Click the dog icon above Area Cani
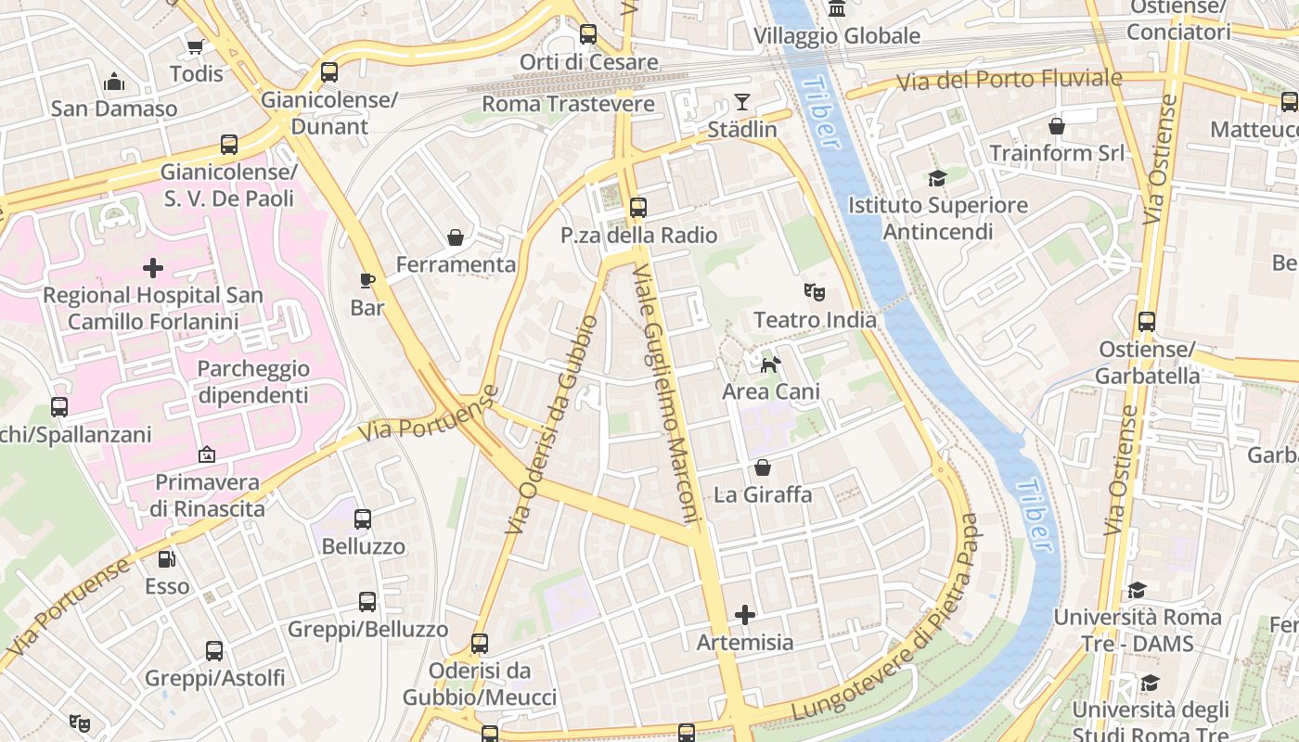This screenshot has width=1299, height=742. [770, 365]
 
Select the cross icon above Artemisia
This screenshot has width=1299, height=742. [744, 614]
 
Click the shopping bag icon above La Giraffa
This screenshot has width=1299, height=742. [763, 467]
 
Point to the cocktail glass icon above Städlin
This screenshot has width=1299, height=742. [742, 101]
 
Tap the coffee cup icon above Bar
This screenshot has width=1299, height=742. [367, 279]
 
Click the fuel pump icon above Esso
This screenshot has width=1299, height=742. [166, 558]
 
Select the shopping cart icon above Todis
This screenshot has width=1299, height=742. [195, 46]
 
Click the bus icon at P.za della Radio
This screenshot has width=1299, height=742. [637, 207]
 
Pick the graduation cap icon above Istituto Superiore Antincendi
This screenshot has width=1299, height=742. [937, 177]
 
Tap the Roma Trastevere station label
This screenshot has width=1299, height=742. [569, 104]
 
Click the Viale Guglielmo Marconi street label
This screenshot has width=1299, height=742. [665, 394]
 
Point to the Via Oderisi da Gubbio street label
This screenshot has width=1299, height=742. [551, 425]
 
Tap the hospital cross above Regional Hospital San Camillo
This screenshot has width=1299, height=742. [153, 268]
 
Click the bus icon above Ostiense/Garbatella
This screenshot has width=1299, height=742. [1147, 322]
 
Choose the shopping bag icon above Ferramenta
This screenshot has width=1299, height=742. [456, 237]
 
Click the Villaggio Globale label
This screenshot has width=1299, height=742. [837, 36]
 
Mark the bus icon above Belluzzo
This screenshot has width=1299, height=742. [363, 519]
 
